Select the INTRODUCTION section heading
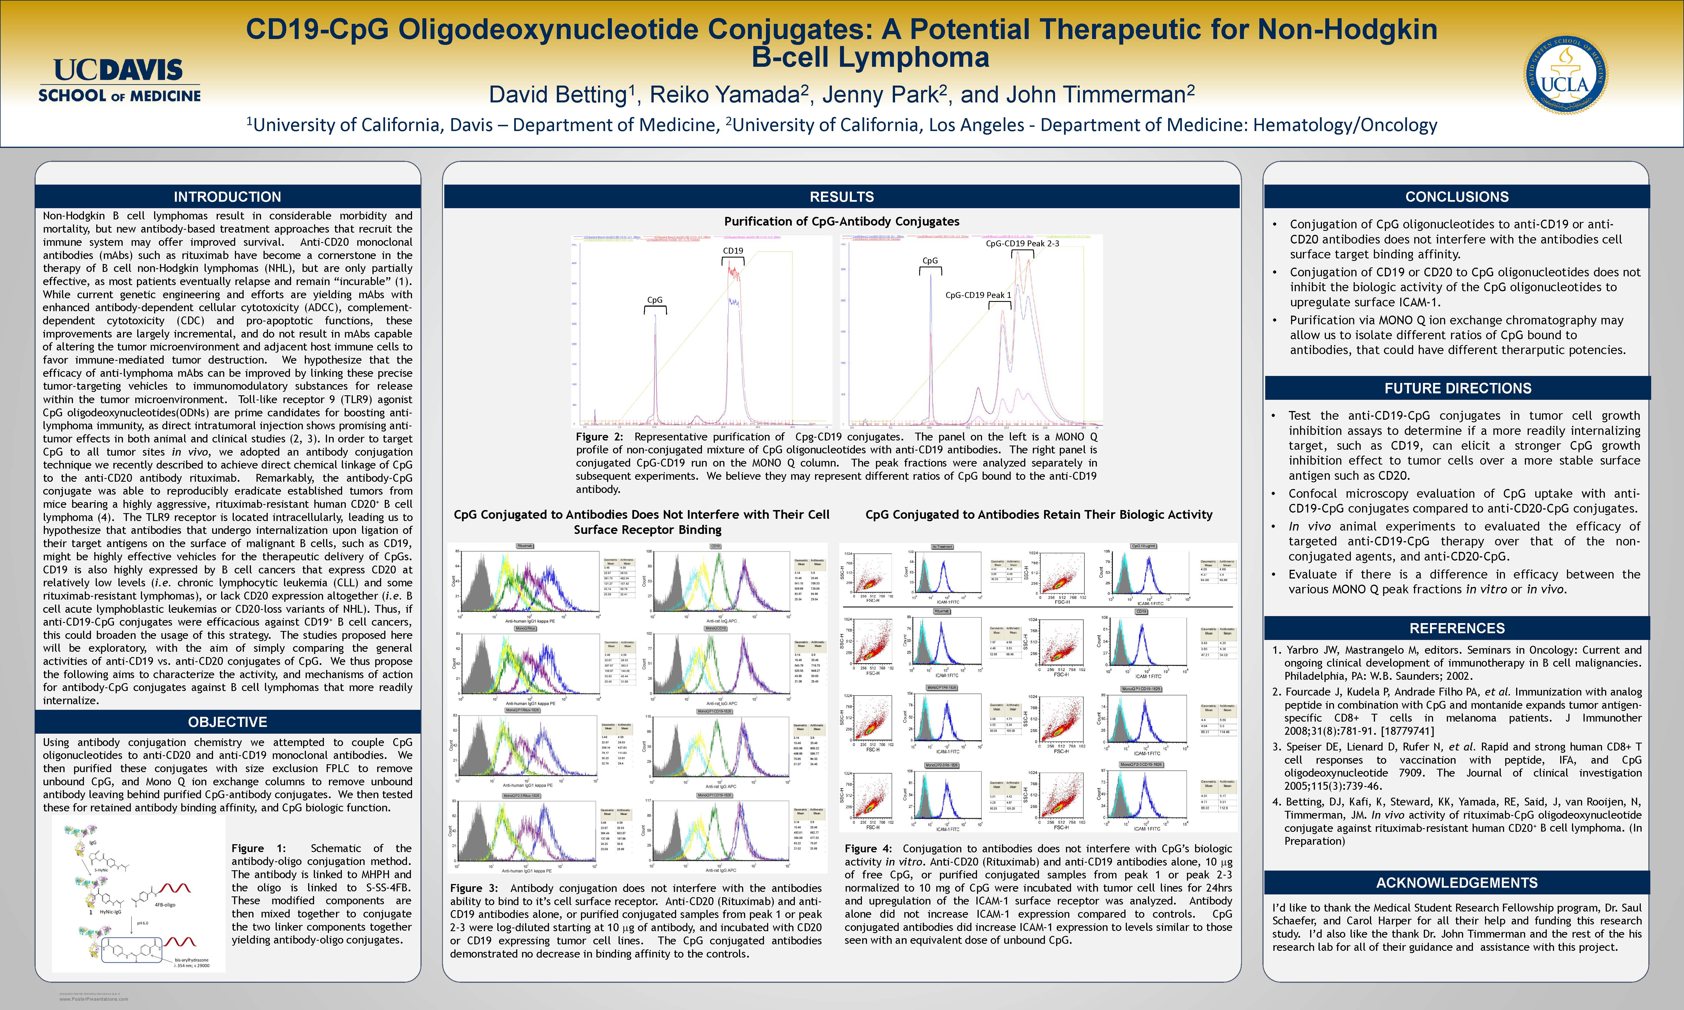pos(227,197)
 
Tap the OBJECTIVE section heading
pos(227,722)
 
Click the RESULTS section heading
pos(841,197)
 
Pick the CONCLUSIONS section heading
pos(1457,197)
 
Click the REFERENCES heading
pos(1457,628)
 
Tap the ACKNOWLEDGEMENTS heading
pos(1457,883)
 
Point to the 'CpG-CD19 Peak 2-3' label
pos(1022,243)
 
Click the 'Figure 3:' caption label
pos(474,888)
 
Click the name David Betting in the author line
pos(557,95)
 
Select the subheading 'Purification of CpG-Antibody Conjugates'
pos(841,221)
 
